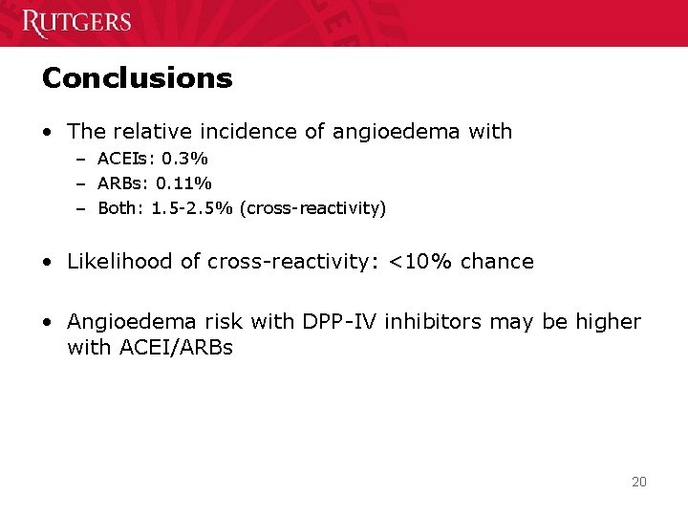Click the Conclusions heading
tap(137, 77)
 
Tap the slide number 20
tap(639, 482)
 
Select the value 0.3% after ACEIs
tap(186, 157)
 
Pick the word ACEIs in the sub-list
tap(123, 157)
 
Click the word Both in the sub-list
tap(118, 208)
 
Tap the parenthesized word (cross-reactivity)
tap(314, 208)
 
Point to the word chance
tap(497, 261)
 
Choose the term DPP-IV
tap(340, 322)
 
